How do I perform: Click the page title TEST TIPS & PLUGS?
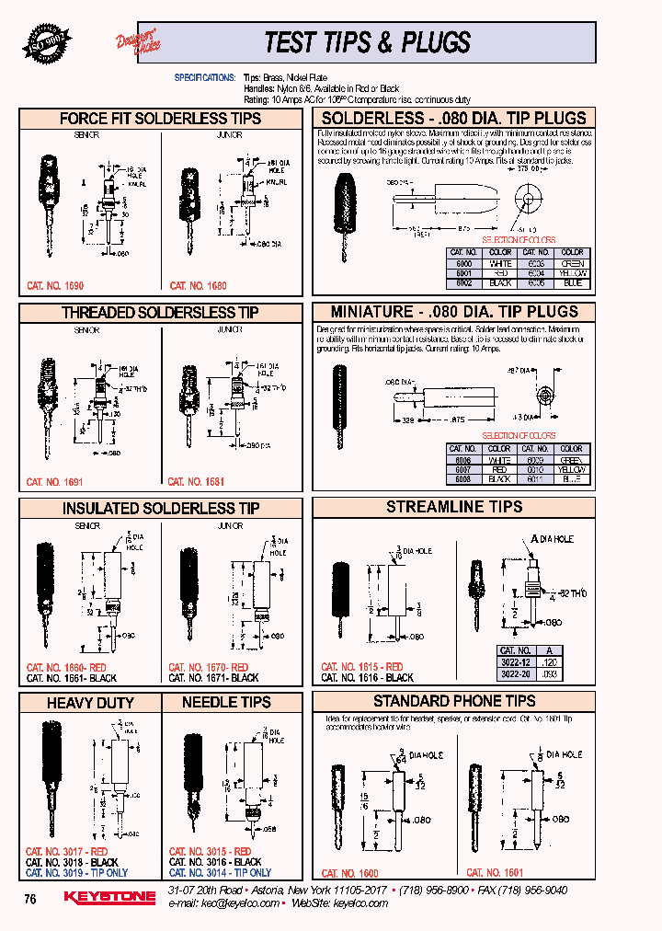367,42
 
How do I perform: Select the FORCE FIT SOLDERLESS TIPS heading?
160,119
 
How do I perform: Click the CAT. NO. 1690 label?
56,286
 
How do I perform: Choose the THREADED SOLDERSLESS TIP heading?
160,313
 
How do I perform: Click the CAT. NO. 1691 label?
54,482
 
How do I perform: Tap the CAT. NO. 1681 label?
196,482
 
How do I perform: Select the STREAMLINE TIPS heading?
454,507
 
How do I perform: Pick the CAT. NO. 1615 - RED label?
361,667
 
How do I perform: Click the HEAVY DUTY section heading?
90,703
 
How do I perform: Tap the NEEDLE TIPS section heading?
226,703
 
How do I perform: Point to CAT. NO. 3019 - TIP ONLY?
76,873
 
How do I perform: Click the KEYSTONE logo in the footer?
109,897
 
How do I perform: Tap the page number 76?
30,899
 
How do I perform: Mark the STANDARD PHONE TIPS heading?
454,702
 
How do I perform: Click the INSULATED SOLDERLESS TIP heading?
160,509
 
